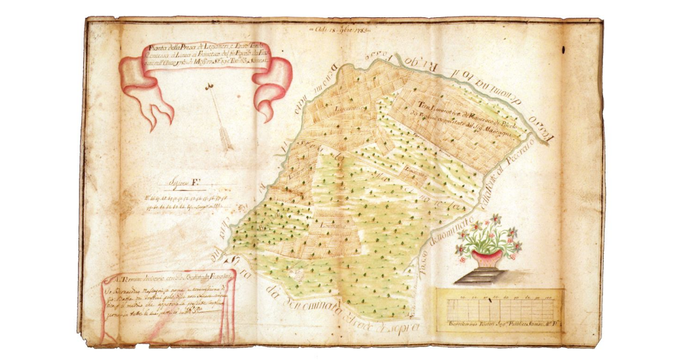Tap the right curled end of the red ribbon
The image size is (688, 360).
pos(272,86)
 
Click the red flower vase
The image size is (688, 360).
pos(487,257)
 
